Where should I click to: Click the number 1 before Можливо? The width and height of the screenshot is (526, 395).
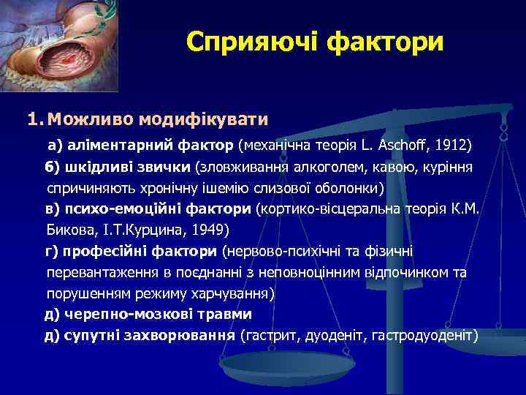tap(34, 118)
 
